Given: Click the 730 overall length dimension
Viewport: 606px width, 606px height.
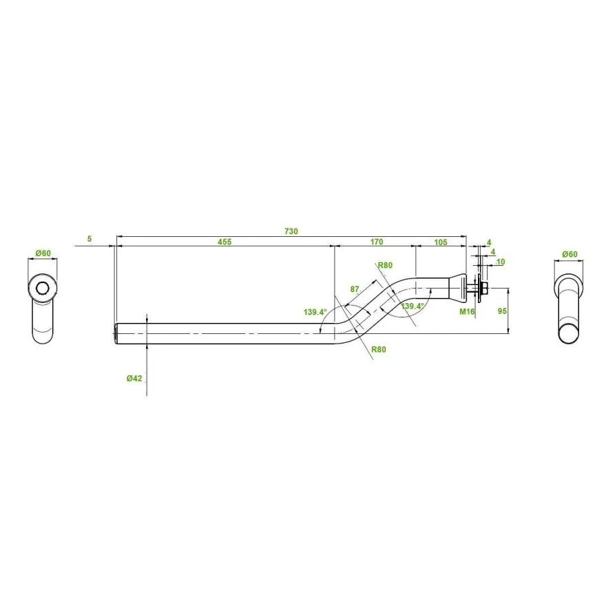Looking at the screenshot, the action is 291,231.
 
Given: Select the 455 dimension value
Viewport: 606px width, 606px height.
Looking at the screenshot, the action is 224,242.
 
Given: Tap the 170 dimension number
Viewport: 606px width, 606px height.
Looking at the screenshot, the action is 377,242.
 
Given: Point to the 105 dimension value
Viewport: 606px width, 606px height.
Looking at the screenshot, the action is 441,242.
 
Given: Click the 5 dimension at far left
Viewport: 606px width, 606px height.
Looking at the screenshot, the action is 90,239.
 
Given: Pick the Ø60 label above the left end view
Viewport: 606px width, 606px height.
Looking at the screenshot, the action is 43,253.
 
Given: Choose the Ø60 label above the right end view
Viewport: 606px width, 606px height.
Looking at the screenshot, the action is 570,254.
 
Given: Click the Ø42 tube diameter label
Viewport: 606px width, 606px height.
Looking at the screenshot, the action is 134,378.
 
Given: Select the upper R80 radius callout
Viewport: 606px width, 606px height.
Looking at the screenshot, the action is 385,265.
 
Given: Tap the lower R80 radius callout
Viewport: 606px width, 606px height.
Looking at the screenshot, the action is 379,349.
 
